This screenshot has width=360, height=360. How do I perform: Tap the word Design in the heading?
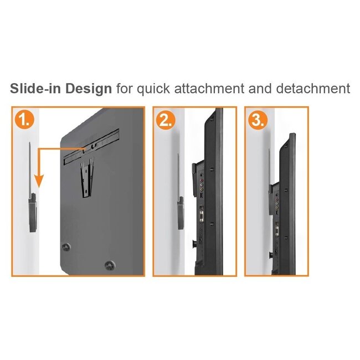89,89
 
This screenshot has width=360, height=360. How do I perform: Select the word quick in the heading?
153,89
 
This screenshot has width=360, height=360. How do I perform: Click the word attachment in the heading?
209,89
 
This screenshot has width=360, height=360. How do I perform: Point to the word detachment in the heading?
313,89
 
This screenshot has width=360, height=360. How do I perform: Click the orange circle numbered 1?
24,120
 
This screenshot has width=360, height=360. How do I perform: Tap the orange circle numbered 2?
166,120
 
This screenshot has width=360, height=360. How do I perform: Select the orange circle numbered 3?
258,120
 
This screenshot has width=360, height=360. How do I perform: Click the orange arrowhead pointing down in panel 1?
39,181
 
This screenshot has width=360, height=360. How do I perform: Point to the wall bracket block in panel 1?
33,212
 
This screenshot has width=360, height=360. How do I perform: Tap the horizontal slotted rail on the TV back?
91,146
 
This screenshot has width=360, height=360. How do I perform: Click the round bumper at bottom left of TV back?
66,247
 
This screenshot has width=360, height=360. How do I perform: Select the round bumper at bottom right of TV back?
110,265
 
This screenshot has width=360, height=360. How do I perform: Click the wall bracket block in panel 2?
181,213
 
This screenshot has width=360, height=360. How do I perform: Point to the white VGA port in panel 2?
202,216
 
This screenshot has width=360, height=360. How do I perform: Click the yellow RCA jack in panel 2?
202,189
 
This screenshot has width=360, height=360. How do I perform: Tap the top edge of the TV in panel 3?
292,135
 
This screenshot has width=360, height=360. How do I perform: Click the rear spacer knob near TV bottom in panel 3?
271,255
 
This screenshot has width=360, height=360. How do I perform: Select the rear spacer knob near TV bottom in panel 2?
194,243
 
